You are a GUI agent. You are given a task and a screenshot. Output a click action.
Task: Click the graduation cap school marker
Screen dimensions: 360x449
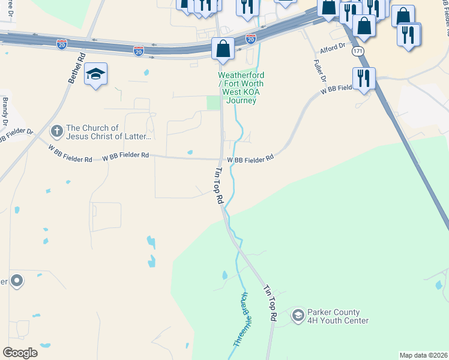pyautogui.click(x=95, y=74)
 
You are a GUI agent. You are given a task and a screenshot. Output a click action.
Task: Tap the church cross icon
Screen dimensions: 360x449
pyautogui.click(x=56, y=131)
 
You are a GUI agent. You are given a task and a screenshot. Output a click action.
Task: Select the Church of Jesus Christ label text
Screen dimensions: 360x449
pyautogui.click(x=109, y=132)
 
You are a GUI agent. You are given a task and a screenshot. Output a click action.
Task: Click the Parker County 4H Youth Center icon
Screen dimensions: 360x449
pyautogui.click(x=298, y=315)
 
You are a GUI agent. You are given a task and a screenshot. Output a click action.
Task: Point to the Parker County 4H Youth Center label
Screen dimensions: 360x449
pyautogui.click(x=337, y=316)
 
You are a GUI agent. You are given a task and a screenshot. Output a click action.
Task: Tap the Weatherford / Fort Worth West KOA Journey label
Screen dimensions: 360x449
pyautogui.click(x=241, y=88)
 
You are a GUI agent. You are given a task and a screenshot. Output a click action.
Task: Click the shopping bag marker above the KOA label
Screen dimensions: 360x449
pyautogui.click(x=223, y=49)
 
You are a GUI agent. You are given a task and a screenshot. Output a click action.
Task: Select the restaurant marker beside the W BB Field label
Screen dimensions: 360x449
pyautogui.click(x=364, y=79)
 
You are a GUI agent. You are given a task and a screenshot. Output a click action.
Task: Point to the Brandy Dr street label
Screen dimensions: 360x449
pyautogui.click(x=5, y=111)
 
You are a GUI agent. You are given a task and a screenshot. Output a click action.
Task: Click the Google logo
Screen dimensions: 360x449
pyautogui.click(x=20, y=352)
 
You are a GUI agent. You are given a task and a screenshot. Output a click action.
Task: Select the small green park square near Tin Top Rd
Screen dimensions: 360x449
pyautogui.click(x=213, y=103)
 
